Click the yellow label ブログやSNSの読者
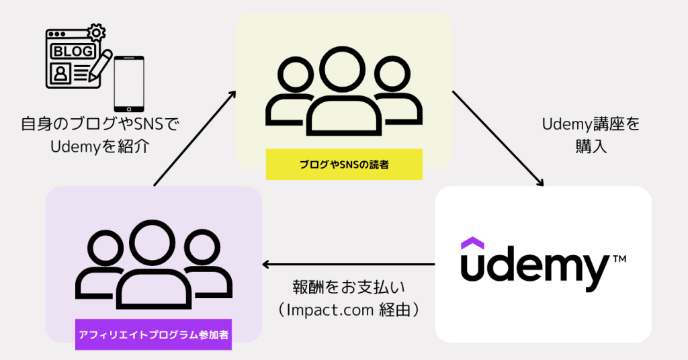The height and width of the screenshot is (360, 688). pyautogui.click(x=344, y=165)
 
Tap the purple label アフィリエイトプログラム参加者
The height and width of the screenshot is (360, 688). pyautogui.click(x=153, y=334)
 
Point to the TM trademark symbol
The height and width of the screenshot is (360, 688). pyautogui.click(x=619, y=257)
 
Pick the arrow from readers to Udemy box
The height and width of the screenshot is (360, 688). pyautogui.click(x=497, y=138)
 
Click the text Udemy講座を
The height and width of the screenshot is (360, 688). pyautogui.click(x=591, y=124)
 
